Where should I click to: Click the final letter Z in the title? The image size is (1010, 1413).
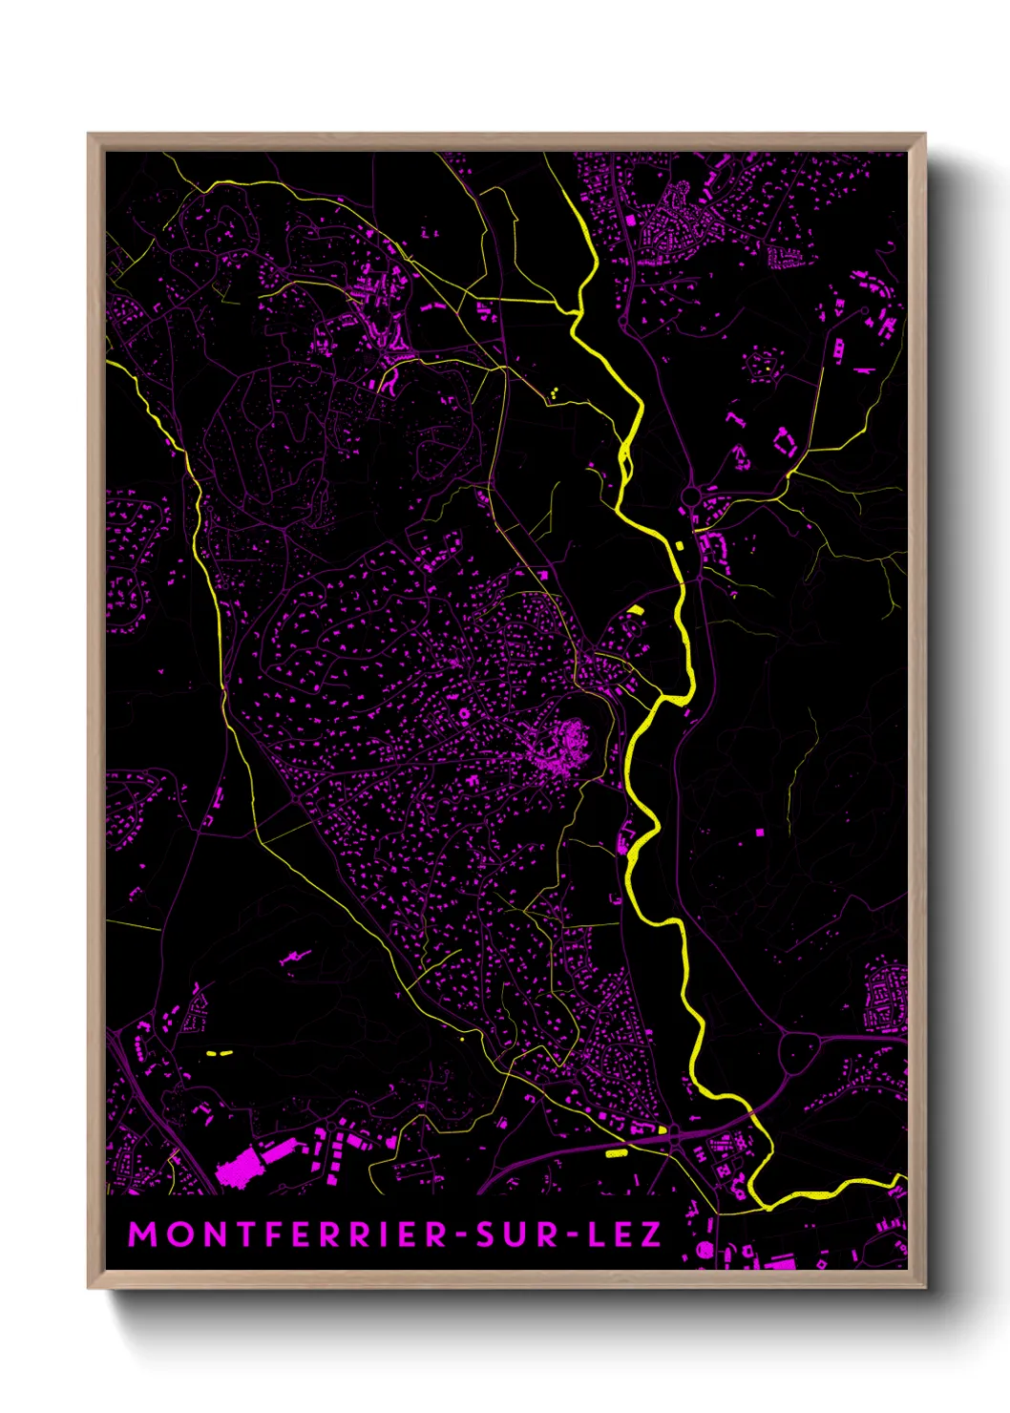[x=651, y=1234]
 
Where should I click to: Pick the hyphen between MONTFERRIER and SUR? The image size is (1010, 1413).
[x=462, y=1235]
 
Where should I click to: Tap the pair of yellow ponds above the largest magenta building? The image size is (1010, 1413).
[x=220, y=1053]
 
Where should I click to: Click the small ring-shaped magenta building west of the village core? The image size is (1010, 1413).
[x=465, y=713]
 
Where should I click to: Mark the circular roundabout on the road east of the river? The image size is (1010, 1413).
[x=690, y=496]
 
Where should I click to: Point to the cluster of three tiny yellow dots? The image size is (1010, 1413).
[x=553, y=391]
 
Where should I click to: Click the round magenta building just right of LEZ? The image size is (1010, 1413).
[x=705, y=1249]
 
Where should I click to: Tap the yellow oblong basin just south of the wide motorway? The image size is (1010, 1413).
[x=617, y=1153]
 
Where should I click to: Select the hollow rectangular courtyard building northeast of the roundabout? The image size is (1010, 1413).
[x=785, y=442]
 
